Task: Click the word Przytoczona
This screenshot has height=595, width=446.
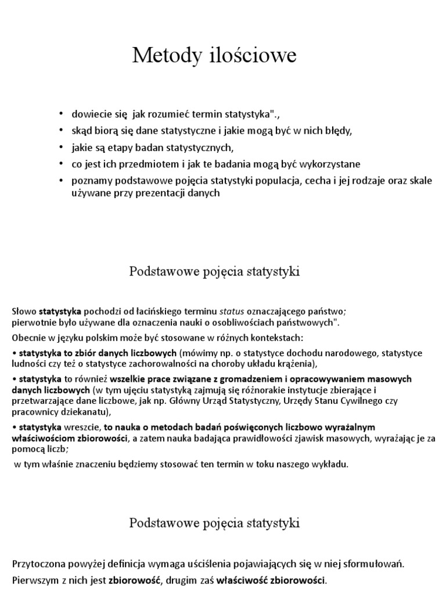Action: coord(37,563)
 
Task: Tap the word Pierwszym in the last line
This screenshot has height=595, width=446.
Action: coord(33,579)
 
